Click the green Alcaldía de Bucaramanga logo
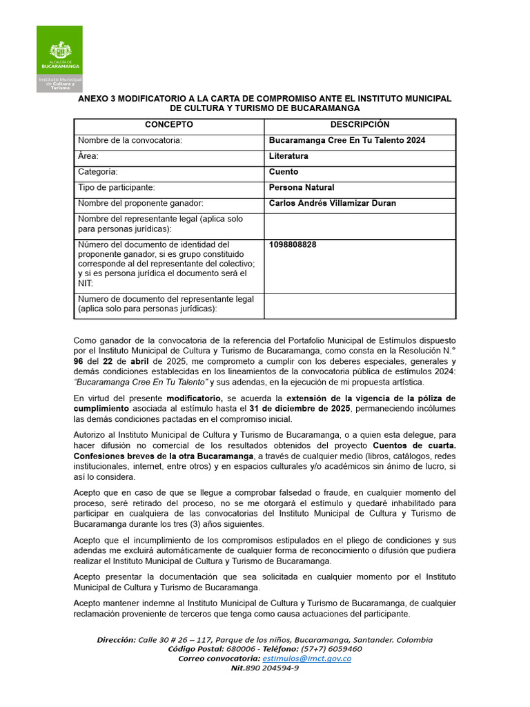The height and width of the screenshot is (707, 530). (59, 59)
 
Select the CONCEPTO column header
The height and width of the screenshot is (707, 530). (168, 125)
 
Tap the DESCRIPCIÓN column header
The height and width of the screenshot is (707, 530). (360, 125)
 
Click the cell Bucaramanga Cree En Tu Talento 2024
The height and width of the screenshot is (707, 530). (347, 141)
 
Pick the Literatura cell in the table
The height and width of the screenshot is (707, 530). (288, 157)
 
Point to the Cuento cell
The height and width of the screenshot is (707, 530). (284, 172)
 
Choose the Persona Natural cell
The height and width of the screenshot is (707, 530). (302, 188)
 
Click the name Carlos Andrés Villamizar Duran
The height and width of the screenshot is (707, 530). (332, 204)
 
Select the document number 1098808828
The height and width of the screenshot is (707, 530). (293, 245)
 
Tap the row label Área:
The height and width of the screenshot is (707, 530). (88, 157)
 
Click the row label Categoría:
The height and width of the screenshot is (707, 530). (97, 172)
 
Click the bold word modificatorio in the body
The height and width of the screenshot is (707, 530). (194, 398)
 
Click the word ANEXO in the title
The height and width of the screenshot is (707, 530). (92, 99)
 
